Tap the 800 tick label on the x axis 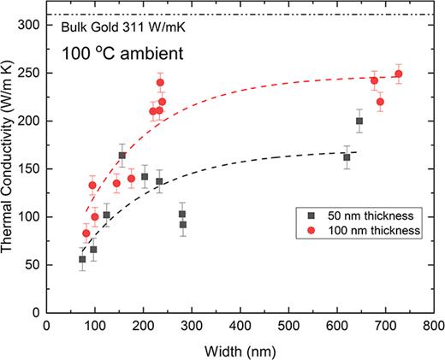coord(433,325)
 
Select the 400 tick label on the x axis coord(240,325)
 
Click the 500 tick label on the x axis coord(288,325)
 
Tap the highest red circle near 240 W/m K coord(160,83)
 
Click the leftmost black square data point coord(82,259)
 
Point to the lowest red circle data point coord(86,233)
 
